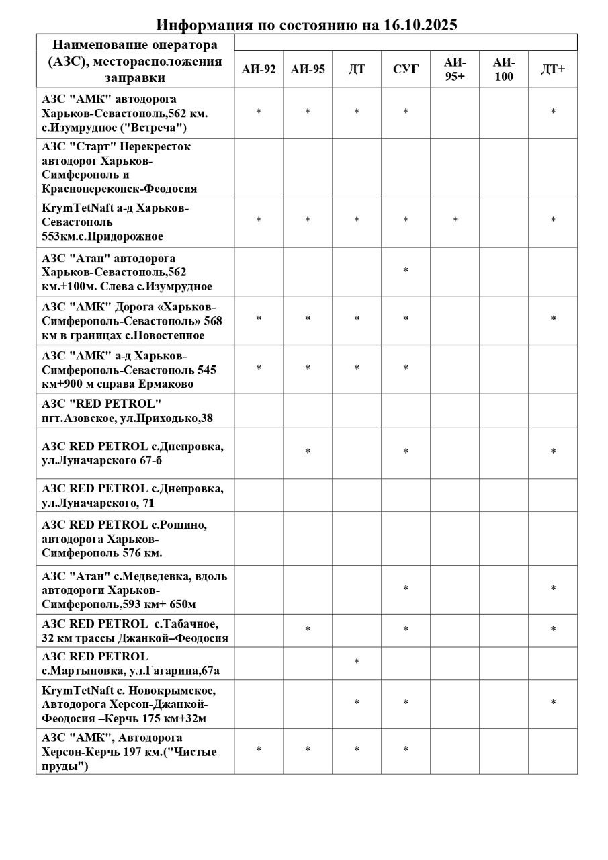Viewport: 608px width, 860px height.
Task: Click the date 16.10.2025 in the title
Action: pos(421,25)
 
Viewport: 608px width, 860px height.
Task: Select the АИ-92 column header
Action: pos(259,69)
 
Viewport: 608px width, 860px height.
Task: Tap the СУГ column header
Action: pos(405,69)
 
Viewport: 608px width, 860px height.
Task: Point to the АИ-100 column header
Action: pos(503,69)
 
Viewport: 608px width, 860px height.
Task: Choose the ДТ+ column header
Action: pos(553,69)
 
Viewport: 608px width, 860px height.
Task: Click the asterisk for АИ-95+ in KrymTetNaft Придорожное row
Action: pos(455,220)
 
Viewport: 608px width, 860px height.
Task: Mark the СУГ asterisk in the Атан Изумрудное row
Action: pos(406,271)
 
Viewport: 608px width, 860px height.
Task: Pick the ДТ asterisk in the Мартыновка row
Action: pos(357,662)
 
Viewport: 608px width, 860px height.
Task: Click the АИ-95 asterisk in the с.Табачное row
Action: pos(308,630)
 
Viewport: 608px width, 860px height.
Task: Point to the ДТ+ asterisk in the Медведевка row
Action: pos(553,589)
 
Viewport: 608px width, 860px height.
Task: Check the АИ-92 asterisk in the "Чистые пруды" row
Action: pos(259,750)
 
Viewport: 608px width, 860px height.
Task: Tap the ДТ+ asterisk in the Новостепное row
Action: pos(553,319)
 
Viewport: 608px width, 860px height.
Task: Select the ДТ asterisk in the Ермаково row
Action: pos(357,368)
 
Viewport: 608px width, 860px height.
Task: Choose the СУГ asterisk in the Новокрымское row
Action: pos(406,703)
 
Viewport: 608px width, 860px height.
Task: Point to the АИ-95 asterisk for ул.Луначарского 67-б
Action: pos(308,452)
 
